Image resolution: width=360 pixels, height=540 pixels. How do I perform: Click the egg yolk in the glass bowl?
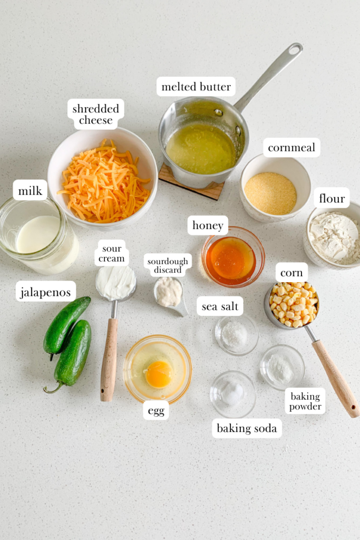click(158, 374)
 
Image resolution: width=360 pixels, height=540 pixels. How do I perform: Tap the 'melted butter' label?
click(196, 86)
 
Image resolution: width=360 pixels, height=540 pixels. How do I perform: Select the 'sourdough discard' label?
click(168, 265)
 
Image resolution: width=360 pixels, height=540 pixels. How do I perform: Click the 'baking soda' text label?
click(247, 428)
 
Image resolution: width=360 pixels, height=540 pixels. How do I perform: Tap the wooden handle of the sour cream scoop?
click(109, 359)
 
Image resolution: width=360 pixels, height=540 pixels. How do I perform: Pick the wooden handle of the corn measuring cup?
click(336, 378)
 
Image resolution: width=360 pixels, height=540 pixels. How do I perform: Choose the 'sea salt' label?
click(220, 306)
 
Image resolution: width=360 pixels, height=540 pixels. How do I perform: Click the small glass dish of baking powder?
click(281, 368)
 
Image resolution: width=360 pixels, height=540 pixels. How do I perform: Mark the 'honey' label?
click(208, 226)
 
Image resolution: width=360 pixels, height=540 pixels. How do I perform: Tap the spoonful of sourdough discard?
click(169, 292)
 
